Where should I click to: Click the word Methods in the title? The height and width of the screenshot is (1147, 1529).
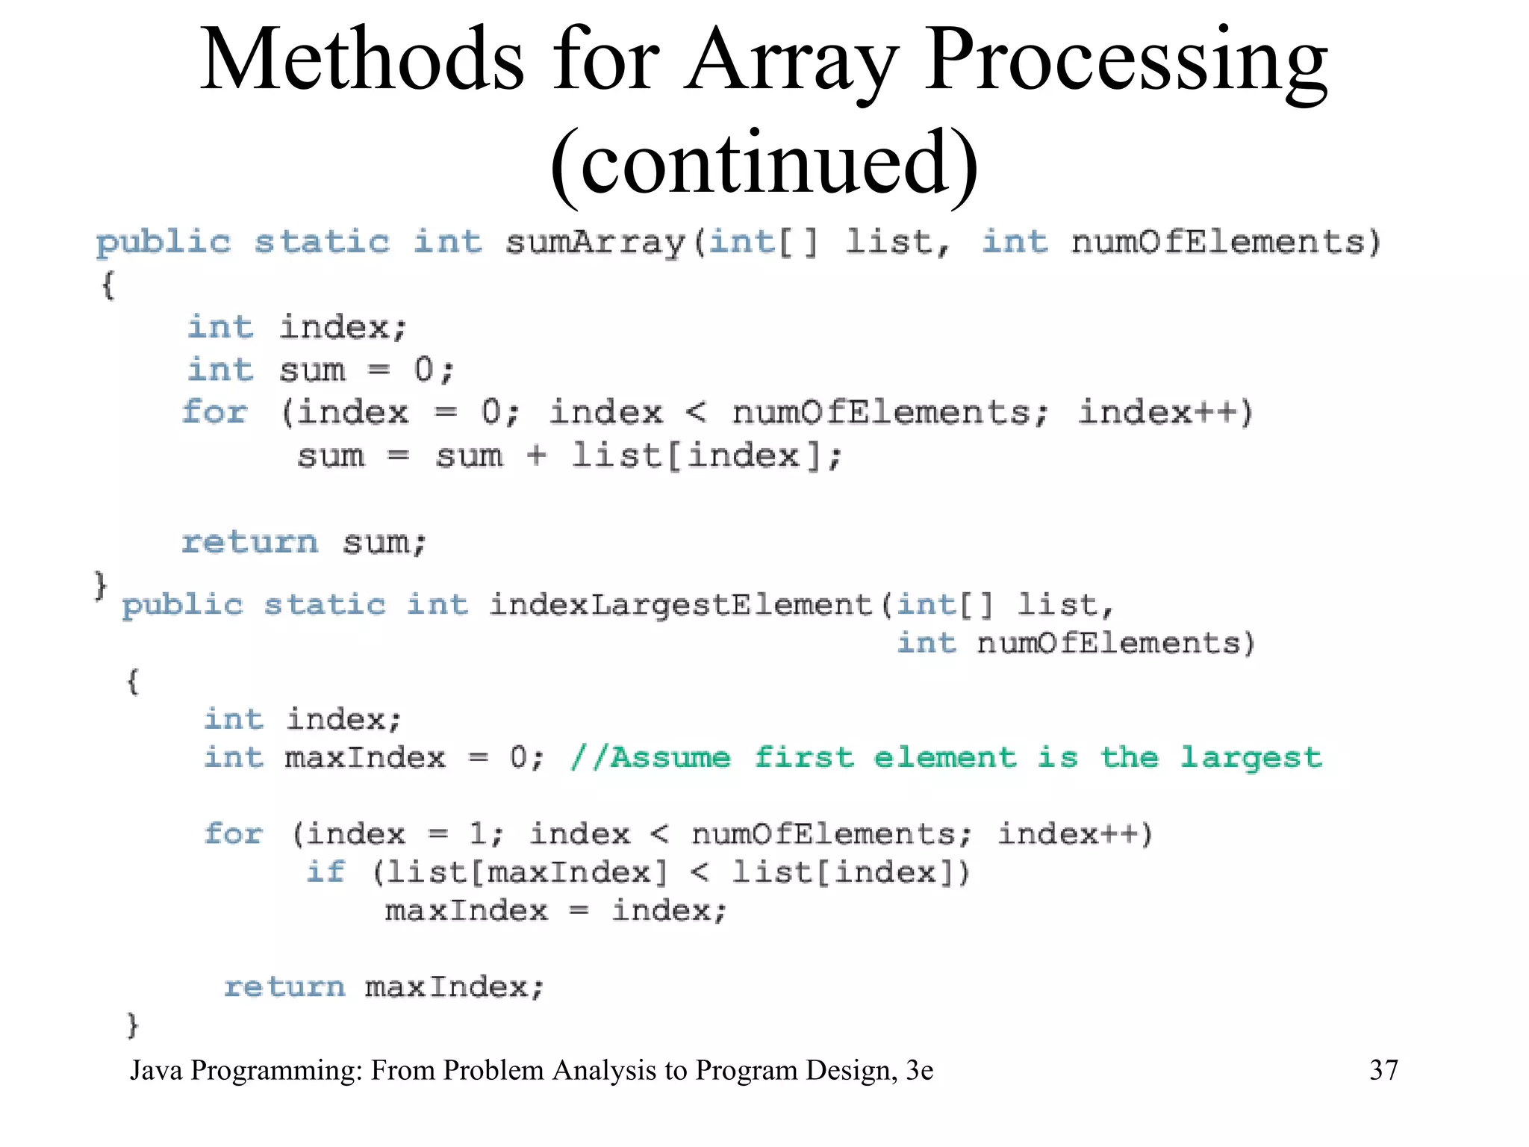[x=362, y=60]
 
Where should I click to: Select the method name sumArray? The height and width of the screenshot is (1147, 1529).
[x=595, y=243]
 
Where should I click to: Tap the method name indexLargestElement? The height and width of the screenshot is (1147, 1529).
[x=680, y=604]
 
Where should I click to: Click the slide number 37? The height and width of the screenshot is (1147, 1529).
[x=1383, y=1070]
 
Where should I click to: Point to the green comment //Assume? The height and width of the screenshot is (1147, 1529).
[x=650, y=757]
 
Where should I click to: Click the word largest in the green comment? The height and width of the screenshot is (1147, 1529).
[x=1251, y=757]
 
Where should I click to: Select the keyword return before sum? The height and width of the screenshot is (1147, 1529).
[x=249, y=542]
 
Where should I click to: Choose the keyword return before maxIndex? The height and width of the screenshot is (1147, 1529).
[x=284, y=986]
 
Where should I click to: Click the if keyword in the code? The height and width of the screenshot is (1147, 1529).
[x=326, y=871]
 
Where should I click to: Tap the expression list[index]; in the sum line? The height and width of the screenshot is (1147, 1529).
[x=707, y=456]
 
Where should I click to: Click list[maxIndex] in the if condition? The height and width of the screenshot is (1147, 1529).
[x=527, y=872]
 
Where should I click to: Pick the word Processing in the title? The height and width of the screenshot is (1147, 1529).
[x=1126, y=60]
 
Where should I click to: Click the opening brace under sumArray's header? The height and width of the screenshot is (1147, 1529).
[x=108, y=285]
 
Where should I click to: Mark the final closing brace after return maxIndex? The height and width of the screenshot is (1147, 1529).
[x=133, y=1025]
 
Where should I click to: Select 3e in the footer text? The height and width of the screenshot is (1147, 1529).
[x=919, y=1070]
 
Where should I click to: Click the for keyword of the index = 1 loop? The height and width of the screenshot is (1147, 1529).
[x=234, y=833]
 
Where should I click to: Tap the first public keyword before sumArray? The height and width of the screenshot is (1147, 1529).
[x=164, y=243]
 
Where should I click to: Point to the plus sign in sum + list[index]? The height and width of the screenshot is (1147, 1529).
[x=536, y=456]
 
